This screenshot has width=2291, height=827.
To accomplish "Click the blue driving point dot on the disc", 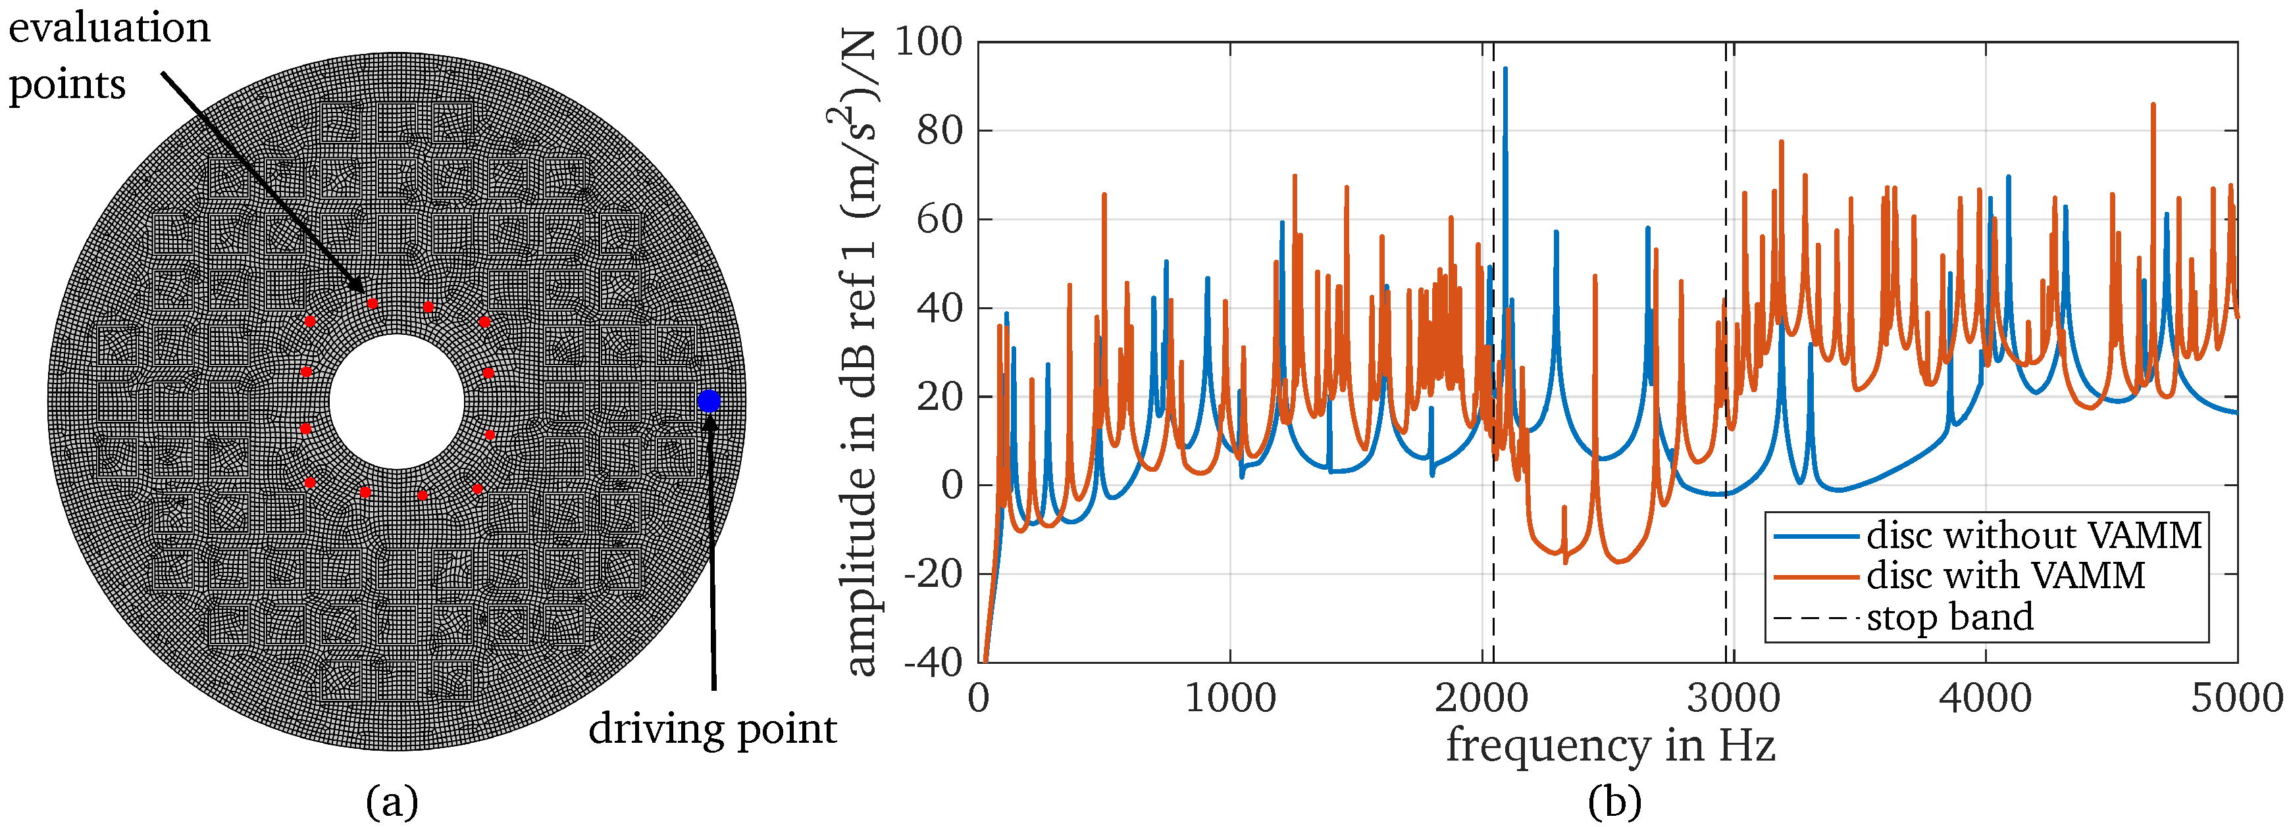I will (708, 401).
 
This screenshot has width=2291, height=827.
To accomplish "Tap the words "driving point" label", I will (712, 729).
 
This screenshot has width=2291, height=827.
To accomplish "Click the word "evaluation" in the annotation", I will (109, 28).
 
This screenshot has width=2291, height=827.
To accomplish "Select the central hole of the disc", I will (397, 401).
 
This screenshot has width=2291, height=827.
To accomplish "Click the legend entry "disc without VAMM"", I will (2034, 536).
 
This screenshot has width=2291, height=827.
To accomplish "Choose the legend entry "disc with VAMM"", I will (2005, 575).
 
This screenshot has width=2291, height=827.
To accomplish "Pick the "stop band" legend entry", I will (1949, 616).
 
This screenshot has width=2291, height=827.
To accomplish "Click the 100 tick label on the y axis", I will (927, 42).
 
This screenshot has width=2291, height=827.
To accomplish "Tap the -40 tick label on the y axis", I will (933, 662).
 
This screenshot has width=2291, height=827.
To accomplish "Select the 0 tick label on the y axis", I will (952, 486).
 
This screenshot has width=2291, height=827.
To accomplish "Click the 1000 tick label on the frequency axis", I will (1230, 698).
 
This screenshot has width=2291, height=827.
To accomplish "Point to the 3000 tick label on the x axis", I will (1734, 698).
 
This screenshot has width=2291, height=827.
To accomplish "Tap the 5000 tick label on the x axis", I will (2236, 698).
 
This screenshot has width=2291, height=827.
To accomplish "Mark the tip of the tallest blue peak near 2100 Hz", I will (1505, 68).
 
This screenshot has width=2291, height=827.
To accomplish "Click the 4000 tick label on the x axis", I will (1985, 698).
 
